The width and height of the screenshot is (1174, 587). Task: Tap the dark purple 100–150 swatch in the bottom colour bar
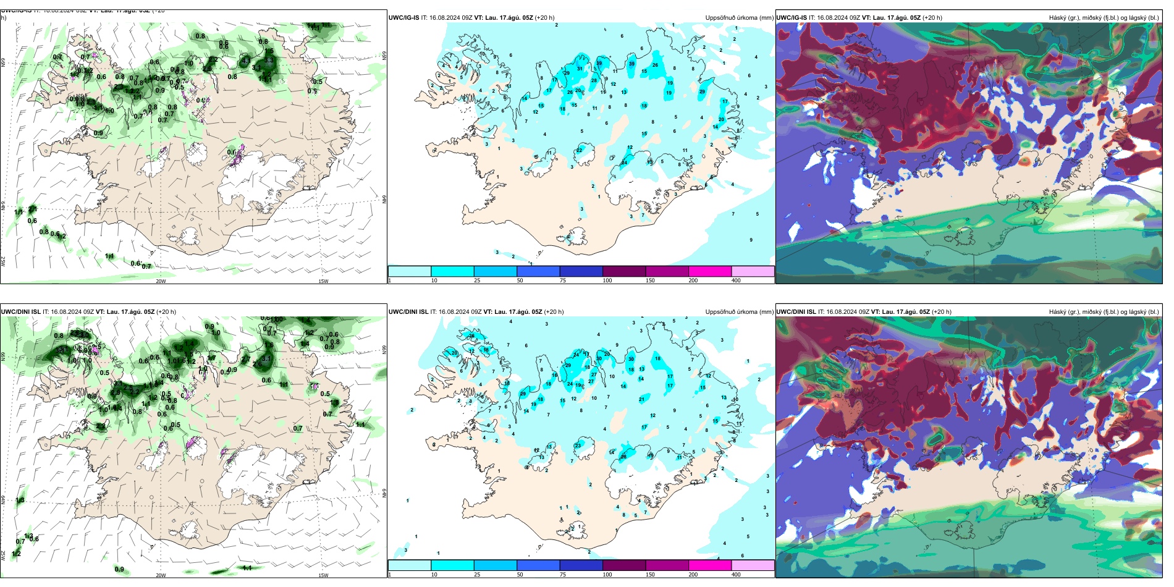click(x=623, y=565)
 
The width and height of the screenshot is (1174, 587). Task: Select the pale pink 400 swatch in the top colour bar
click(x=753, y=271)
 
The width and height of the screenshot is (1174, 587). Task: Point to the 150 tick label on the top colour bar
click(x=650, y=281)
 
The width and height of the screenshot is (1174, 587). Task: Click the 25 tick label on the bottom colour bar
click(x=477, y=575)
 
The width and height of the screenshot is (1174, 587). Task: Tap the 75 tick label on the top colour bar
click(x=563, y=281)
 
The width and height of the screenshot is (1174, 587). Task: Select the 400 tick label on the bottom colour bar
click(x=736, y=575)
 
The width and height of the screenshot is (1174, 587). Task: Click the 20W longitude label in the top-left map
click(x=161, y=281)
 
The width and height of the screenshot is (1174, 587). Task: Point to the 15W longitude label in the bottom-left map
click(x=323, y=575)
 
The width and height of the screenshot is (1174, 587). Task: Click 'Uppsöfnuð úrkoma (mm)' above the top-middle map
click(x=739, y=18)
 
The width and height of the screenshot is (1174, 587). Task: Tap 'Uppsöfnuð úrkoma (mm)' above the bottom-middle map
click(x=739, y=312)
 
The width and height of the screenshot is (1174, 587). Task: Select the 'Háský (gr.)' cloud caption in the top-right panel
click(x=1064, y=18)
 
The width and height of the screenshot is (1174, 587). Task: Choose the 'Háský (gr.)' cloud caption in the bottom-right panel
click(x=1064, y=312)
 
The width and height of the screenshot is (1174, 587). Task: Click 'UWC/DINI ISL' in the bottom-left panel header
click(x=20, y=312)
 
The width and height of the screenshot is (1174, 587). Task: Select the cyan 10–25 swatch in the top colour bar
click(x=452, y=271)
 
